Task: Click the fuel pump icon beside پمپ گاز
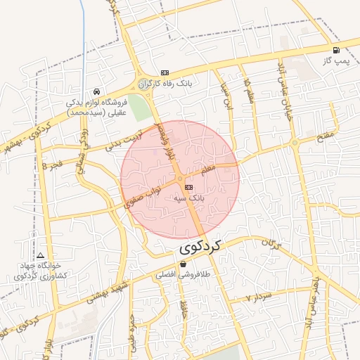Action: point(336,50)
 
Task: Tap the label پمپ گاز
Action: point(337,61)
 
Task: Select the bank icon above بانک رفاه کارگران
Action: point(165,72)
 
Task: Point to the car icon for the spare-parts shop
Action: point(96,91)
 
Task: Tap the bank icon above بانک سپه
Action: point(188,187)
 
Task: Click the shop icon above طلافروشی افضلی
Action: point(184,265)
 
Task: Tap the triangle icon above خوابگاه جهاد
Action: point(40,255)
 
